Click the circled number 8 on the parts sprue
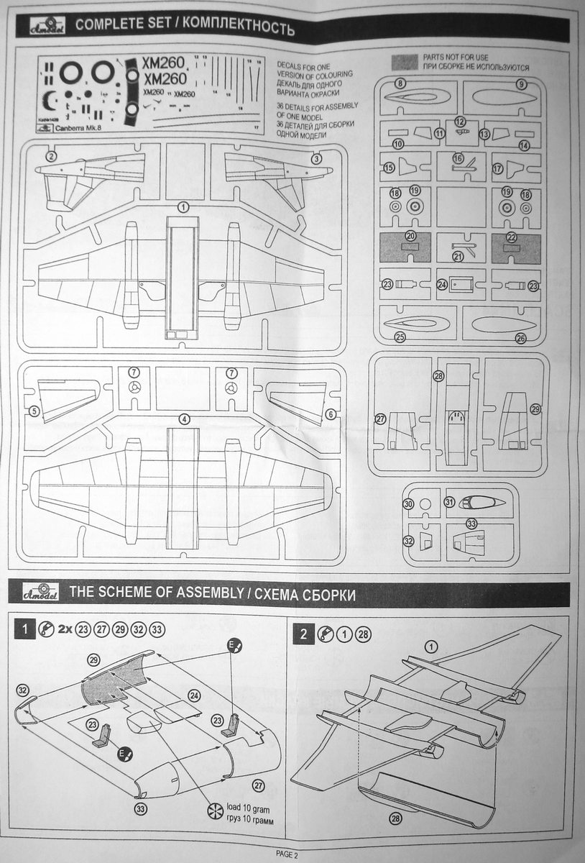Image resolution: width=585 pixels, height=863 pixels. coord(400,84)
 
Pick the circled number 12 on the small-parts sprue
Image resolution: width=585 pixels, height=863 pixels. coord(461,122)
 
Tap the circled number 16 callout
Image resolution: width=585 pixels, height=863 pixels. coord(458,157)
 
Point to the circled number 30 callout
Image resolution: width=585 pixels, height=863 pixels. coord(408,505)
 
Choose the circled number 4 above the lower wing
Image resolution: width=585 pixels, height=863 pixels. coord(185,419)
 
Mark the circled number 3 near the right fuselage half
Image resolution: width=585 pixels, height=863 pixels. coord(317,158)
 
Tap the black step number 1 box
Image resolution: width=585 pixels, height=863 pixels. coord(24,631)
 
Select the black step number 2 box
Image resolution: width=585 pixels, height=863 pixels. coord(304,634)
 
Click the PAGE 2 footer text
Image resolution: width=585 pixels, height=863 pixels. coord(286,854)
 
